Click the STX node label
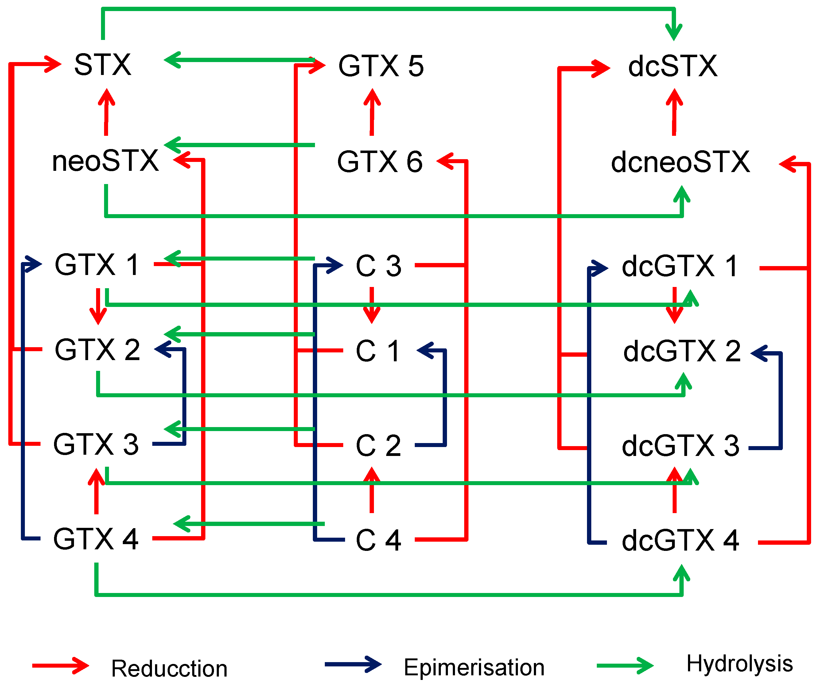point(103,65)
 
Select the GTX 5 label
point(381,66)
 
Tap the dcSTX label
point(672,66)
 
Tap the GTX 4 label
point(96,539)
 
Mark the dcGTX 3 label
point(680,446)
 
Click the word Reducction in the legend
point(169,669)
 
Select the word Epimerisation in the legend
point(474,667)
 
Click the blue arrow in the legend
point(353,665)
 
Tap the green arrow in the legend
point(624,666)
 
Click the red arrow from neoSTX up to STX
point(106,112)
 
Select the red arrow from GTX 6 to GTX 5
point(372,112)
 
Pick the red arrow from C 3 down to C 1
point(372,305)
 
